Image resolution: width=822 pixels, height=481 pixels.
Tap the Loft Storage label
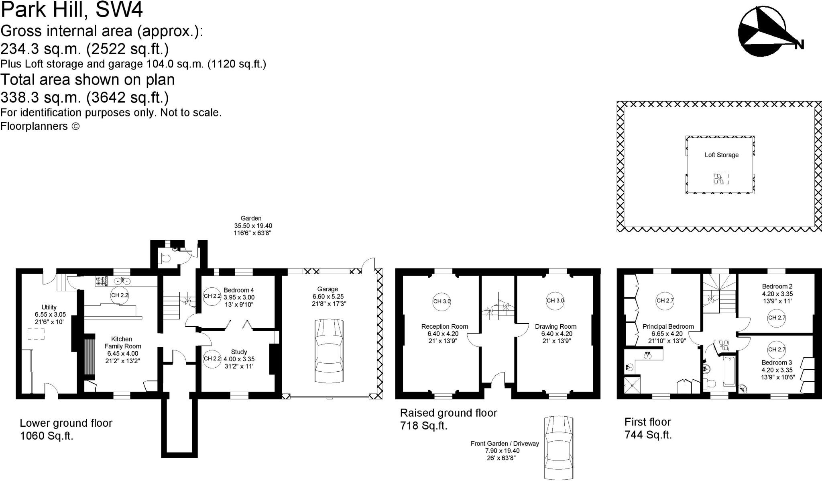pos(721,155)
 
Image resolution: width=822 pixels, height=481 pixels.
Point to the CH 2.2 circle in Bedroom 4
pos(212,296)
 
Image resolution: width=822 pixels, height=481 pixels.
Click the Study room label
pos(239,352)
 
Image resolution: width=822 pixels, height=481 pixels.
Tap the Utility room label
pos(49,307)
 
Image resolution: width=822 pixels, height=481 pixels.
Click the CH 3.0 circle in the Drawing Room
pos(555,301)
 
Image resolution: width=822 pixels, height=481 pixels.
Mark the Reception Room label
pos(444,327)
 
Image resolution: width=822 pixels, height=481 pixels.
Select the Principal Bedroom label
pos(668,327)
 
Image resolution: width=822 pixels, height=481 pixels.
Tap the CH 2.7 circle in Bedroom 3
pos(777,350)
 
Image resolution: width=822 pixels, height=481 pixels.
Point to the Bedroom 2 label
pos(777,287)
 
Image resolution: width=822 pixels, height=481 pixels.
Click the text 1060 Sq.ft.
pos(47,436)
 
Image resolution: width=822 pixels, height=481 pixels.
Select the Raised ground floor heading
pos(448,413)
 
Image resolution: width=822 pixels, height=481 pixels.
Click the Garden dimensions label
pos(253,226)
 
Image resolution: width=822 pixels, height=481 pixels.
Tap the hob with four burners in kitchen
pos(100,281)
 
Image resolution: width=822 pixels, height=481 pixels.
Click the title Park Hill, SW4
pos(71,10)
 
